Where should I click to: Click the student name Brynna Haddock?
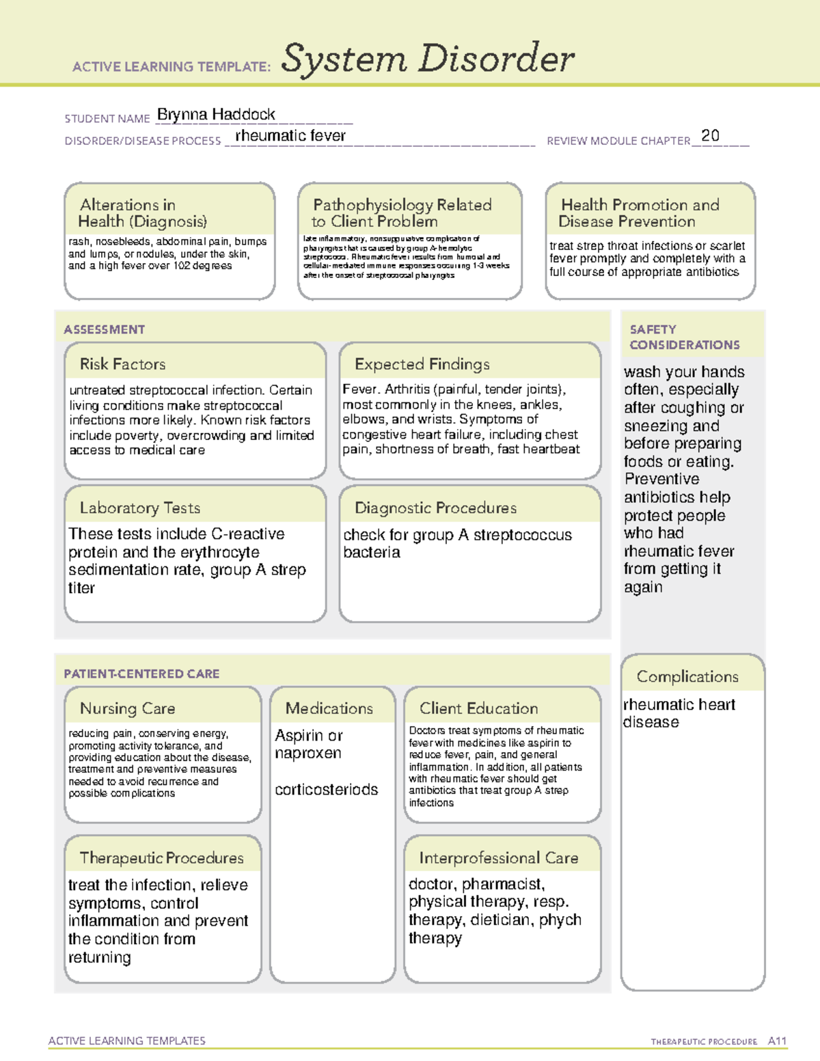pos(216,115)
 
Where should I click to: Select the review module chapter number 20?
pos(710,135)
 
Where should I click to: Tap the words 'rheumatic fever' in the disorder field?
pos(290,136)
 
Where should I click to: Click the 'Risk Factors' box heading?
pos(122,364)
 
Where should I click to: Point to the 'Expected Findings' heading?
pos(422,364)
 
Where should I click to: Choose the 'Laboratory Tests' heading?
pos(139,508)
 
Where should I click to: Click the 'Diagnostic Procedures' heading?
pos(435,508)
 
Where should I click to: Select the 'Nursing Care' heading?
pos(127,708)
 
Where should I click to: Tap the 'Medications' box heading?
pos(329,708)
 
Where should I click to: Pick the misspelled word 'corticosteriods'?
pos(326,790)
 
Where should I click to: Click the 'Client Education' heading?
pos(478,708)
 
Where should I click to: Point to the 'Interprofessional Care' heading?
pos(498,858)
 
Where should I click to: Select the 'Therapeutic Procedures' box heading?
pos(161,858)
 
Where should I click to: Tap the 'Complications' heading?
pos(687,676)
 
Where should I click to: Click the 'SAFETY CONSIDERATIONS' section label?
pos(684,337)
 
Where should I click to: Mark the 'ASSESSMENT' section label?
pos(104,329)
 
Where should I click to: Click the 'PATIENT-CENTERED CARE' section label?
pos(141,674)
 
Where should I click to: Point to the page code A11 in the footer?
pos(777,1041)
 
